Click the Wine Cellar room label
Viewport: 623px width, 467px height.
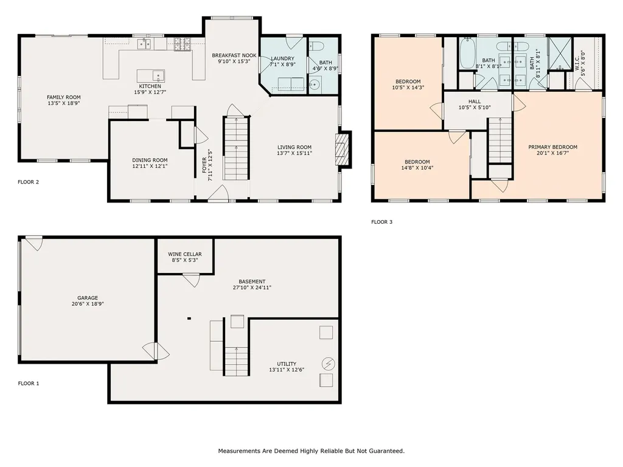(x=186, y=254)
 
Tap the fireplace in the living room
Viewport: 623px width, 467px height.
(x=343, y=149)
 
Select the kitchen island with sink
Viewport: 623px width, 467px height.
(x=150, y=76)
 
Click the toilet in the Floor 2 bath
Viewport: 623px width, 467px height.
(x=316, y=47)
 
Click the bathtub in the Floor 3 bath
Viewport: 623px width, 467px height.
(x=467, y=54)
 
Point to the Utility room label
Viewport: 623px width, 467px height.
(x=287, y=364)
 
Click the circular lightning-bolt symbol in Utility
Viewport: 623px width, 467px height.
(x=329, y=363)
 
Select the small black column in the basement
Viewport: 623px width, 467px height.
(x=189, y=317)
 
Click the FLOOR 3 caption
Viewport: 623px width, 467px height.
(x=382, y=222)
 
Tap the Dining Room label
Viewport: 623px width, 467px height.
(x=150, y=160)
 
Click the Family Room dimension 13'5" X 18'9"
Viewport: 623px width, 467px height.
(x=64, y=104)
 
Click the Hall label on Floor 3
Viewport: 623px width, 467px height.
(x=475, y=102)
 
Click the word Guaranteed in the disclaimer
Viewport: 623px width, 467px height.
(x=383, y=451)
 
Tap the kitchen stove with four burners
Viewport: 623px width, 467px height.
(x=181, y=44)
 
